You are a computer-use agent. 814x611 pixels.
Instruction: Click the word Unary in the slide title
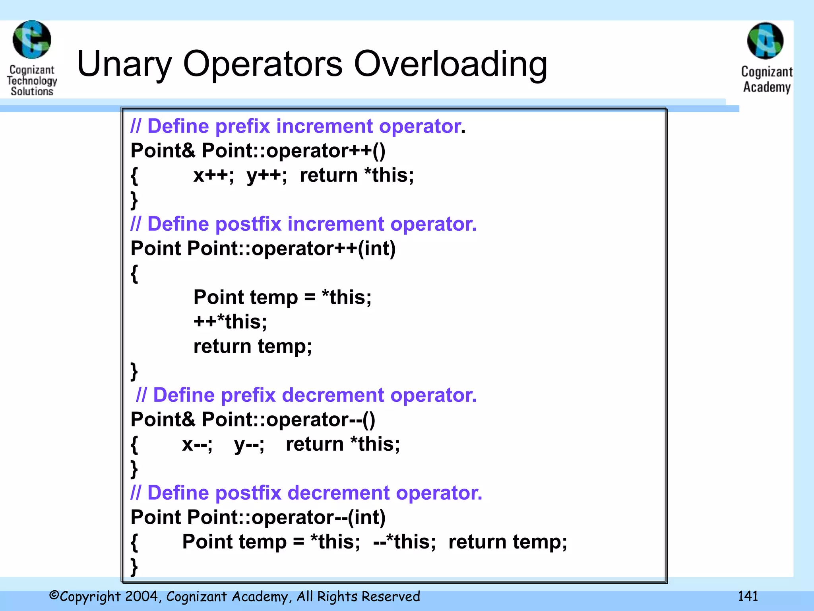click(124, 65)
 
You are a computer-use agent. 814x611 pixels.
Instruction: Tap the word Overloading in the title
click(450, 65)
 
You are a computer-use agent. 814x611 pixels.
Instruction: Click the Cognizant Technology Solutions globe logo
click(32, 40)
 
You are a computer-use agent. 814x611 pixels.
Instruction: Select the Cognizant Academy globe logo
click(765, 41)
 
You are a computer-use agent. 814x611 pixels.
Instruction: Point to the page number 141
click(748, 596)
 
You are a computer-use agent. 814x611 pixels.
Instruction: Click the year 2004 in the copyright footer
click(141, 596)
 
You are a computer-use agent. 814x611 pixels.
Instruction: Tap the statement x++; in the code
click(213, 175)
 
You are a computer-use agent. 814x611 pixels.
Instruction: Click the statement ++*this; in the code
click(230, 321)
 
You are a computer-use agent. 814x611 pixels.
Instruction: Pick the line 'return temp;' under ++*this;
click(252, 346)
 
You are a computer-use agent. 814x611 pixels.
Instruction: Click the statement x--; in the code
click(197, 444)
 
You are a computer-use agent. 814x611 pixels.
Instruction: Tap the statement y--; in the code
click(249, 444)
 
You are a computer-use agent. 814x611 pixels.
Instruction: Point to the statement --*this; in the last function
click(404, 542)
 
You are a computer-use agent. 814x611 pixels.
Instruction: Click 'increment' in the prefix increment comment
click(325, 126)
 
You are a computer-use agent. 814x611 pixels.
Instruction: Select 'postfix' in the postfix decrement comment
click(248, 493)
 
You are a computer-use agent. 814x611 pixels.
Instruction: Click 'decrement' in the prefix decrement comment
click(333, 395)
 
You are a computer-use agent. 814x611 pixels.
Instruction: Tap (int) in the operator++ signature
click(376, 249)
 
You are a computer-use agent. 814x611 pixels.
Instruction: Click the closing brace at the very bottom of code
click(134, 566)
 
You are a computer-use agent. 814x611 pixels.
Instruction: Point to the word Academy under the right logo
click(767, 87)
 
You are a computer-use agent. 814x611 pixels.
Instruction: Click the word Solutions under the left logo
click(32, 91)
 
